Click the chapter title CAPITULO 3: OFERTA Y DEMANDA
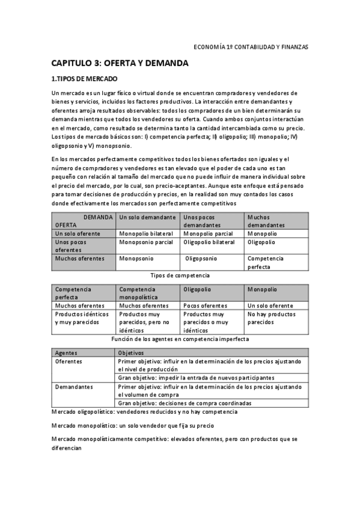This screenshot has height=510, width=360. click(x=120, y=63)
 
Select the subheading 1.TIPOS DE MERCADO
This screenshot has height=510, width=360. click(x=84, y=79)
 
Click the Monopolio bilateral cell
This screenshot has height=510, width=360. click(x=146, y=233)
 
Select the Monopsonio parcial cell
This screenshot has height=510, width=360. click(x=146, y=242)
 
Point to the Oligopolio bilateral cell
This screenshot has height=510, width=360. click(x=209, y=242)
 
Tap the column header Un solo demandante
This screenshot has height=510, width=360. click(x=147, y=217)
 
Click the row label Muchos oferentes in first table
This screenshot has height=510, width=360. click(x=80, y=259)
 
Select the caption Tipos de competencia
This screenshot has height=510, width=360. click(x=180, y=275)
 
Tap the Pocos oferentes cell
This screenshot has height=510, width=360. click(x=205, y=306)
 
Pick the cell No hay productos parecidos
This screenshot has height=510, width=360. click(x=271, y=318)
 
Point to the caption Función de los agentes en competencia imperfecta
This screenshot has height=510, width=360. click(x=180, y=339)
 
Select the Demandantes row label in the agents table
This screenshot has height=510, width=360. click(x=73, y=387)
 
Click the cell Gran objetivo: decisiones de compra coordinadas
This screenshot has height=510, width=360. click(x=185, y=403)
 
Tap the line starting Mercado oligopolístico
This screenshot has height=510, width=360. click(x=145, y=412)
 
